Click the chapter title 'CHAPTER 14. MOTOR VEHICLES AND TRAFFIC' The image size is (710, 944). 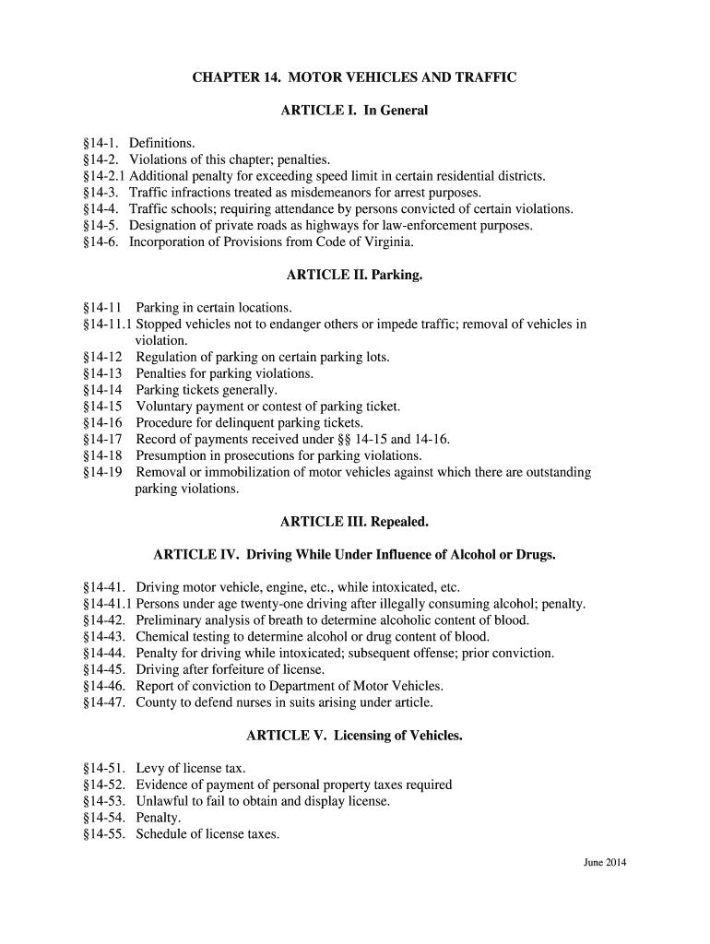(x=354, y=78)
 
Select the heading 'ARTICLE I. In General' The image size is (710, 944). (x=354, y=111)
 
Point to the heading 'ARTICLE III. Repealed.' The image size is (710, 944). (x=354, y=523)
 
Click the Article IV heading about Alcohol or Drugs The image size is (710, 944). (x=354, y=556)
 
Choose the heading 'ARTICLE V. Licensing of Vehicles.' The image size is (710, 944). (x=354, y=737)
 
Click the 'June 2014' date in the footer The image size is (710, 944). (x=605, y=863)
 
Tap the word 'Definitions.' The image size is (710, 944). (x=162, y=144)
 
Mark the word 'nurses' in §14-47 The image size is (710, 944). (x=246, y=702)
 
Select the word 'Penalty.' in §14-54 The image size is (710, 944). (x=159, y=819)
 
